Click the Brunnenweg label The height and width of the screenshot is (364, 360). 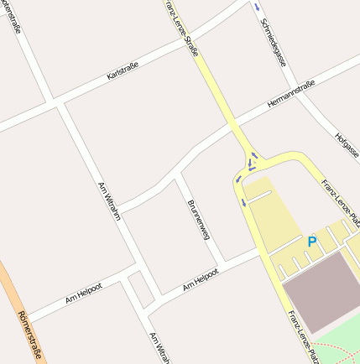click(198, 221)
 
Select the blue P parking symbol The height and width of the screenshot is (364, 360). click(312, 242)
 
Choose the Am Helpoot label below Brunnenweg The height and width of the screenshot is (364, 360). click(201, 279)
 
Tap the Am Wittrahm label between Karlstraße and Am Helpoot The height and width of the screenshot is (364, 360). click(110, 201)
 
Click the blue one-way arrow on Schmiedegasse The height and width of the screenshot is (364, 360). click(257, 8)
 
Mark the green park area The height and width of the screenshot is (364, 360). click(344, 344)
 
